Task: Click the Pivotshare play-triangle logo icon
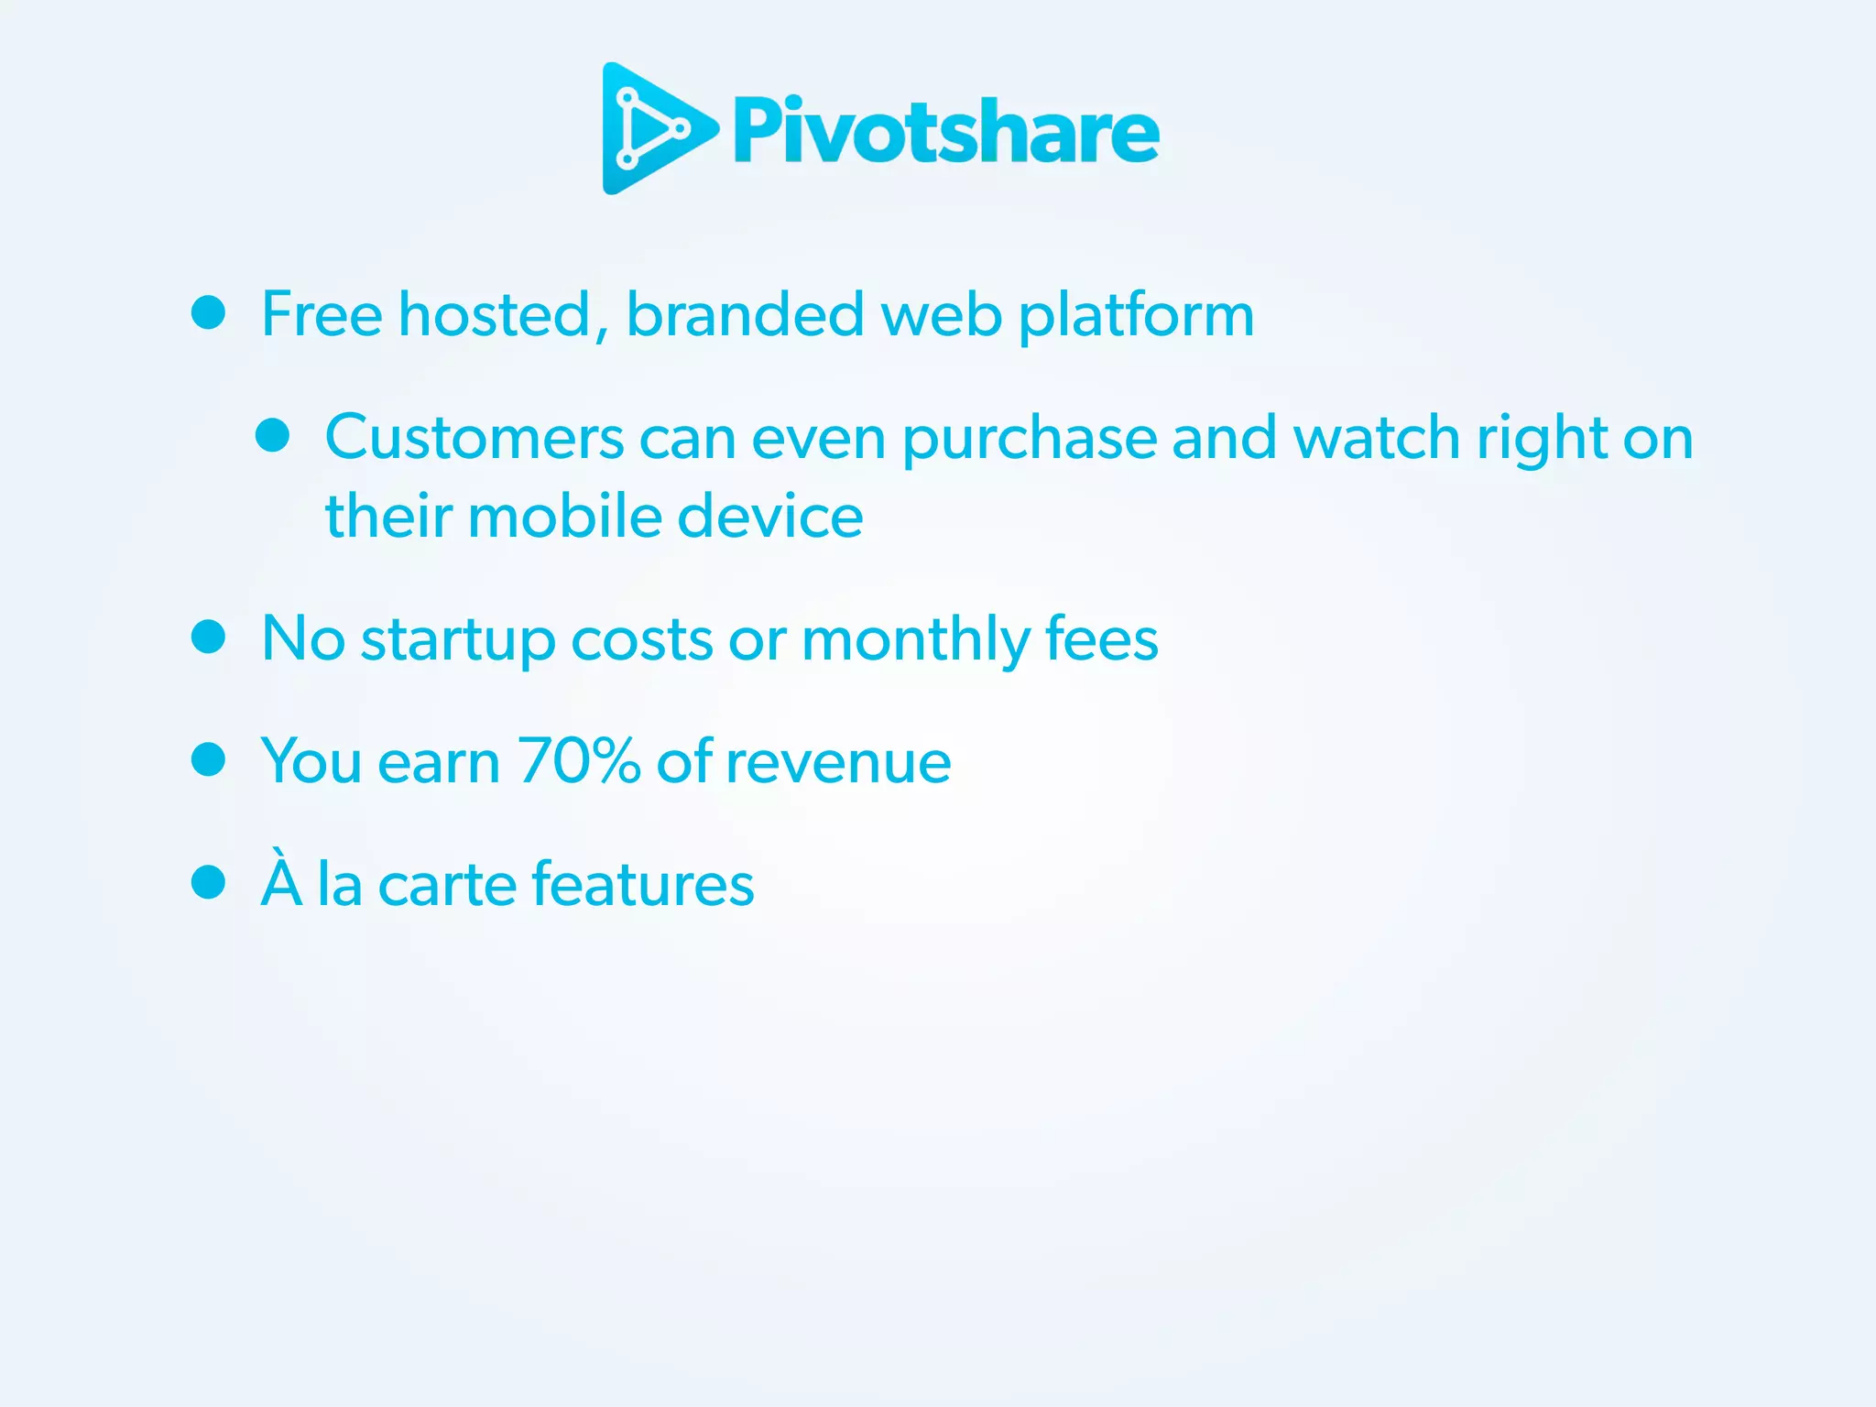pos(652,128)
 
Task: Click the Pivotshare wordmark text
pos(945,132)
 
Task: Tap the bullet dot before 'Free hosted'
pos(209,312)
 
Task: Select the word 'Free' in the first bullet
pos(322,314)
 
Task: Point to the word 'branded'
pos(745,314)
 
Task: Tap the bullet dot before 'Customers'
pos(273,436)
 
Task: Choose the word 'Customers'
pos(474,438)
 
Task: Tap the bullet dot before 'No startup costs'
pos(209,637)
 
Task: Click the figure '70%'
pos(579,761)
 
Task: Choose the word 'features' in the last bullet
pos(643,885)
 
